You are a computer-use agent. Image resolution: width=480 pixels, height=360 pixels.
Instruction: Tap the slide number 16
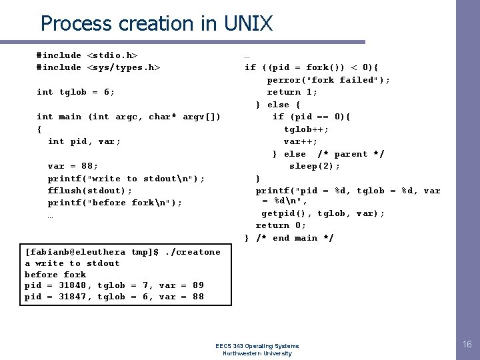point(467,344)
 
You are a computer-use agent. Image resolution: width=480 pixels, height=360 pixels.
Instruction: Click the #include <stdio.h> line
point(87,55)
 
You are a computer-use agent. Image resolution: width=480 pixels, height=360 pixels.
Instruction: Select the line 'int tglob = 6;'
point(76,92)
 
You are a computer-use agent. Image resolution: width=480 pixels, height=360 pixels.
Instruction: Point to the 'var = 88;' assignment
point(73,166)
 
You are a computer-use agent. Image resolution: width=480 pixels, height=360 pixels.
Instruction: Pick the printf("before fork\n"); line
point(115,203)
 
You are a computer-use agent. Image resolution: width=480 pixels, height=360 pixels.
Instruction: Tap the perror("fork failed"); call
point(329,80)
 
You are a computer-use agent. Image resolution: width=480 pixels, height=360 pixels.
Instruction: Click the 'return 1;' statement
point(292,92)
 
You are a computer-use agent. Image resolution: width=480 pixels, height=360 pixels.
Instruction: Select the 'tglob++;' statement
point(306,129)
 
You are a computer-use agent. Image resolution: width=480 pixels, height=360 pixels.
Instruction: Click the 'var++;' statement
point(301,141)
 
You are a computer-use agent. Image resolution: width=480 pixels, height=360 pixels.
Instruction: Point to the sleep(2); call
point(315,166)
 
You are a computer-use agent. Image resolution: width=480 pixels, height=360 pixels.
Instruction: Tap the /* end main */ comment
point(295,238)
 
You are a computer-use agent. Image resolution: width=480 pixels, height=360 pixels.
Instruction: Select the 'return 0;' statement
point(281,225)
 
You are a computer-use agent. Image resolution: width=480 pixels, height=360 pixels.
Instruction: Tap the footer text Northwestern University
point(257,353)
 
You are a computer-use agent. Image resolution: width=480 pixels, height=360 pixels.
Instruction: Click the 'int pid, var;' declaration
point(85,141)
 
